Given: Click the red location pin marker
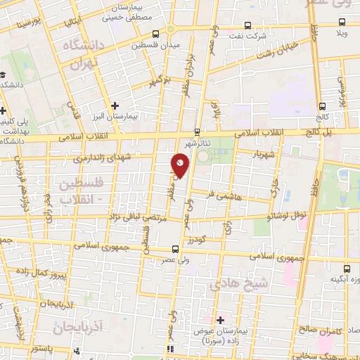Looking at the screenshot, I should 181,165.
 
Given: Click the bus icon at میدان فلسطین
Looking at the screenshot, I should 155,33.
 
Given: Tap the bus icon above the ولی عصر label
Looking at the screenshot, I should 174,248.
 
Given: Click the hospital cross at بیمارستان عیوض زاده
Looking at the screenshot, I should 219,321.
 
